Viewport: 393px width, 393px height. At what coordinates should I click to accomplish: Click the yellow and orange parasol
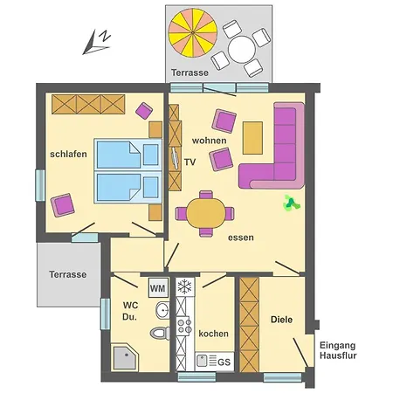coord(193,32)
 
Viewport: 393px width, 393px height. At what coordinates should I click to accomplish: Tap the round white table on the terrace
coord(242,49)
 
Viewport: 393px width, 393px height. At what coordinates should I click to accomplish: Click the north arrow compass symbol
coord(97,42)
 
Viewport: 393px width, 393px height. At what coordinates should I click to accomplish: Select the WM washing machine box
coord(158,287)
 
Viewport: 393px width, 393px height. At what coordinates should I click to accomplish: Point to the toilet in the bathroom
coord(160,333)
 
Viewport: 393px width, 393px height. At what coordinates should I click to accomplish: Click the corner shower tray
coord(125,357)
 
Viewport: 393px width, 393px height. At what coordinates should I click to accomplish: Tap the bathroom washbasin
coord(162,310)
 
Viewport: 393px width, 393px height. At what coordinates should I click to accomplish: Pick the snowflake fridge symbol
coord(185,286)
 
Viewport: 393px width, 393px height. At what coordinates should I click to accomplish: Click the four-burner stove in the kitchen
coord(184,326)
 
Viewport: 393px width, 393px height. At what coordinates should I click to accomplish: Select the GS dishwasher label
coord(224,362)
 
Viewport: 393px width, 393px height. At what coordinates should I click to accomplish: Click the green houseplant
coord(291,203)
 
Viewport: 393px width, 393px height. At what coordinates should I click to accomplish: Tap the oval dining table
coord(206,213)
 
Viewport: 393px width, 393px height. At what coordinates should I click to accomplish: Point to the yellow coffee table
coord(252,138)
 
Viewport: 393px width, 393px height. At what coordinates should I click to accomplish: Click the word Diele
coord(281,320)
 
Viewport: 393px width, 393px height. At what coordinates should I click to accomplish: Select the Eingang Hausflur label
coord(338,350)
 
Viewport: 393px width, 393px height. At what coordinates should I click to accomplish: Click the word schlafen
coord(68,154)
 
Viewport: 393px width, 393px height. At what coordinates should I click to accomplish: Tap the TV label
coord(190,162)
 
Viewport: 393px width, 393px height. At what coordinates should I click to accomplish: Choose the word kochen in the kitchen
coord(213,334)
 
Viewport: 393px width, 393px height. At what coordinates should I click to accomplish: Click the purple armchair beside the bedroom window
coord(62,205)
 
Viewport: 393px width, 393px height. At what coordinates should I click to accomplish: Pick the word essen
coord(241,238)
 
